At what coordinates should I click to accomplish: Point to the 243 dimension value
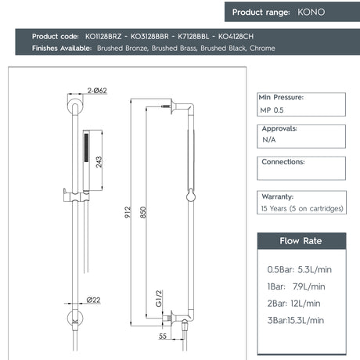pos(99,161)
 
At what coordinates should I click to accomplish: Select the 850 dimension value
pos(142,211)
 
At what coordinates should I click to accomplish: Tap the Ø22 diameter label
pos(93,299)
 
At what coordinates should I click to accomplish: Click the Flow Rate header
pos(301,240)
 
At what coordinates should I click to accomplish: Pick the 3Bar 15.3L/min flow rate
pos(296,320)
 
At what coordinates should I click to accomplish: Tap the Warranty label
pos(277,196)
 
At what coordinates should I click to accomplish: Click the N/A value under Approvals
pos(268,139)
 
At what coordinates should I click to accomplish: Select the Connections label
pos(283,162)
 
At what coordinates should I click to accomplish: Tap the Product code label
pos(56,37)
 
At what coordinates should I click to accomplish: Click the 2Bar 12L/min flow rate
pos(294,303)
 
